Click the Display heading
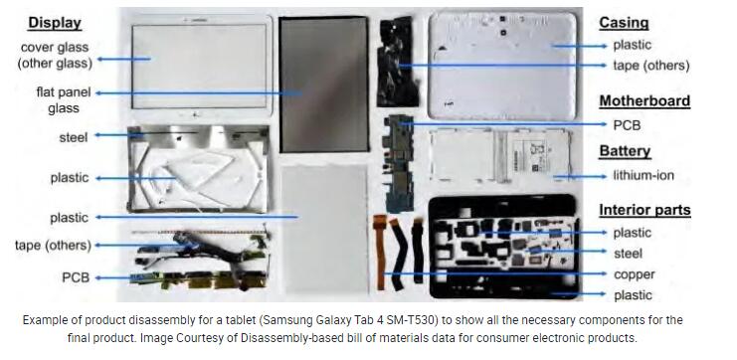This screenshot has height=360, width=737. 55,23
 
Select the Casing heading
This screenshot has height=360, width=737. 624,23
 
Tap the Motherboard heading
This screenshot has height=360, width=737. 645,100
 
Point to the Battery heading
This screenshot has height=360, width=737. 625,151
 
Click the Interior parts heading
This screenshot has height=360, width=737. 645,210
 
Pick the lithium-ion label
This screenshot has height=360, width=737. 643,176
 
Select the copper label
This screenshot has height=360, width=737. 635,274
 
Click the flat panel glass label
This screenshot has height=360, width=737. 64,100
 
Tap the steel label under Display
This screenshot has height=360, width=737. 74,137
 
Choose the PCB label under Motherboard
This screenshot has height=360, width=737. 627,125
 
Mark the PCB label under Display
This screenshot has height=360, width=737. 76,277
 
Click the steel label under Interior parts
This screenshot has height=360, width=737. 628,254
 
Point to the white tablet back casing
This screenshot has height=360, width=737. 502,65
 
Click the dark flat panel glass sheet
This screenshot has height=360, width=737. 324,85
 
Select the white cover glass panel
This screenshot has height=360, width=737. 201,66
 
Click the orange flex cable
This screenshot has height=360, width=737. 378,252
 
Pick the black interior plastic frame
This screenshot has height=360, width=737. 504,247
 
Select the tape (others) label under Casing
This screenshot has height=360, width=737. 651,66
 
